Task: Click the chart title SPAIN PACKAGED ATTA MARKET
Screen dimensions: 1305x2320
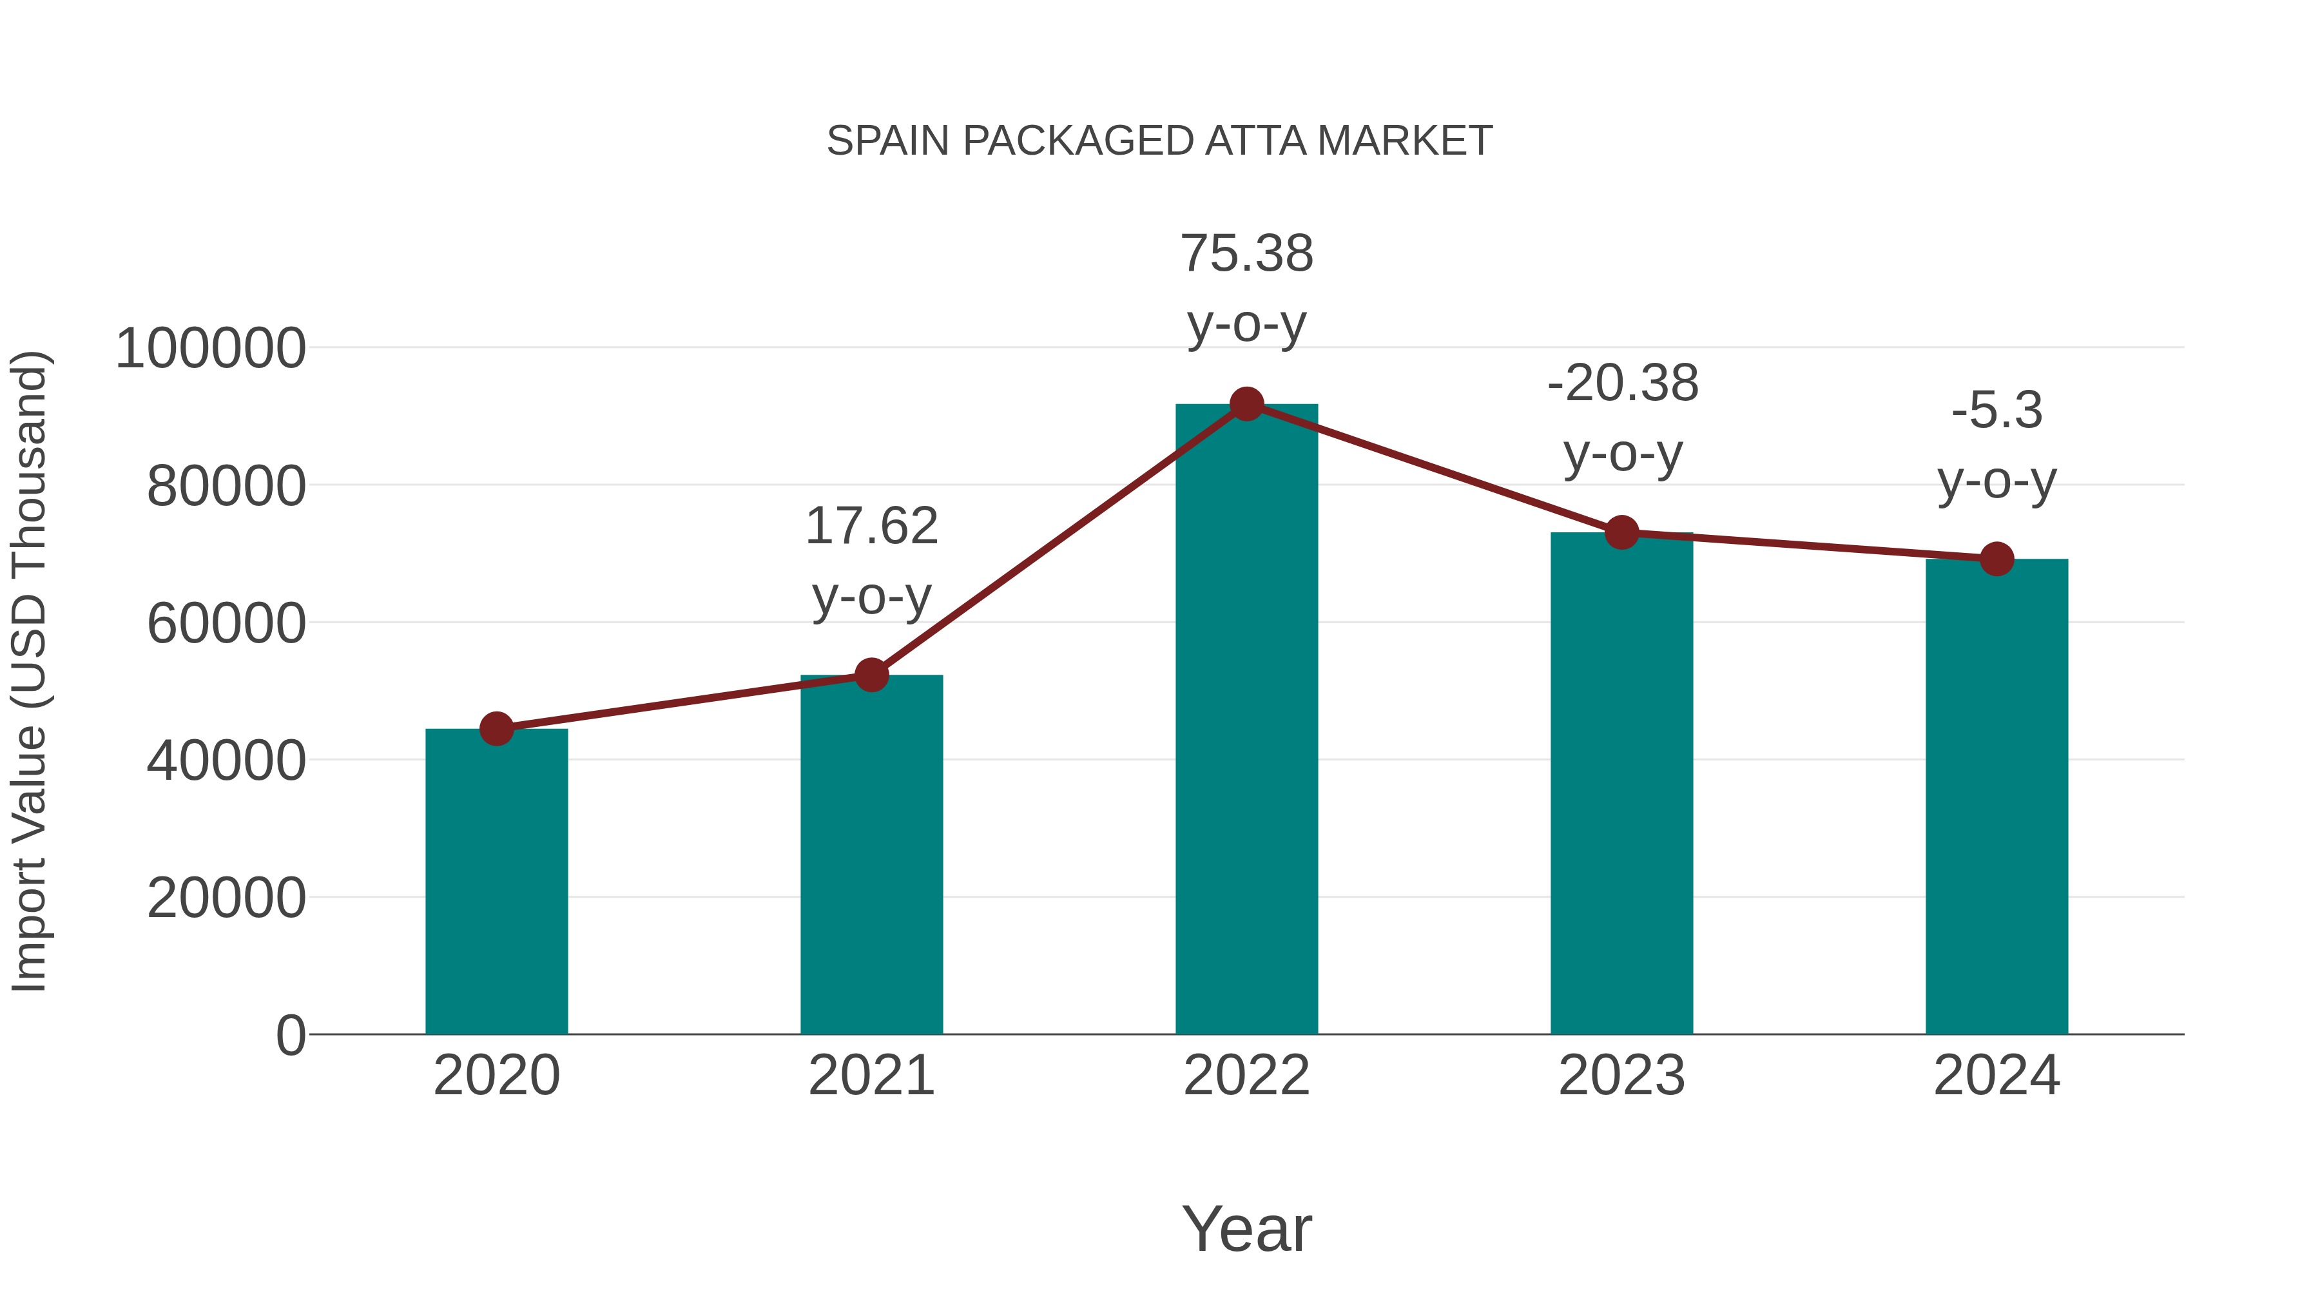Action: (x=1159, y=141)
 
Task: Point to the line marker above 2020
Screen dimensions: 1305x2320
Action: (x=496, y=729)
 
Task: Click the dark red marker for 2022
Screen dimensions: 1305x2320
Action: (x=1246, y=404)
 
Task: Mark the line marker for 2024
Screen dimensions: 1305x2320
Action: (x=1996, y=559)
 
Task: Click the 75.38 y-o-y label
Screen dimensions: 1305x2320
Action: (x=1246, y=287)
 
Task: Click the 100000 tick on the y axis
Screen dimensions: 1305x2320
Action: (x=210, y=349)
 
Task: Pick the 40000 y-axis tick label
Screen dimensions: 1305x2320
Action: (x=226, y=761)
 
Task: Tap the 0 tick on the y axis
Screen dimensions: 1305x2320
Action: (x=290, y=1036)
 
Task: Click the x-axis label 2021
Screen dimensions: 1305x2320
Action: (x=871, y=1076)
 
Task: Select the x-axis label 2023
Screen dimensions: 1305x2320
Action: (x=1621, y=1076)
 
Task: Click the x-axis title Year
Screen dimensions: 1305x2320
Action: (x=1246, y=1228)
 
